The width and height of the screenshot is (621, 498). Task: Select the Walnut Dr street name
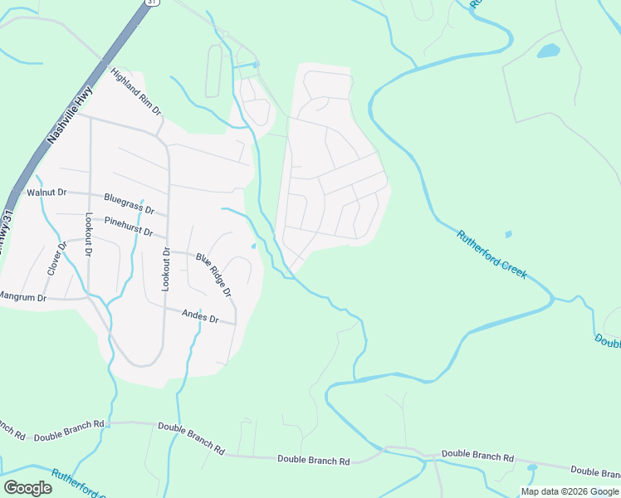point(46,193)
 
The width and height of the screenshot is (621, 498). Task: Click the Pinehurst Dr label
point(129,226)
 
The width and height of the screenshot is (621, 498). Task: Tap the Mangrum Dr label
point(22,295)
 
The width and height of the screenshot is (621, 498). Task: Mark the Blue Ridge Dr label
point(213,275)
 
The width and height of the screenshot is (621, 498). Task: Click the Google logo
point(27,488)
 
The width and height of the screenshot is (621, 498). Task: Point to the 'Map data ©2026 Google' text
point(570,491)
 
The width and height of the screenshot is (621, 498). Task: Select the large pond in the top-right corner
point(549,51)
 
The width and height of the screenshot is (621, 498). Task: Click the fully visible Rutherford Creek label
point(491,254)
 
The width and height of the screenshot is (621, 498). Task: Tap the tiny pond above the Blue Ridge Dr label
point(253,246)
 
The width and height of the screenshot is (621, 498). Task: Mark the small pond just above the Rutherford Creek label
point(508,235)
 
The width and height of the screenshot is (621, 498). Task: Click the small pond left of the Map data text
point(531,468)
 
